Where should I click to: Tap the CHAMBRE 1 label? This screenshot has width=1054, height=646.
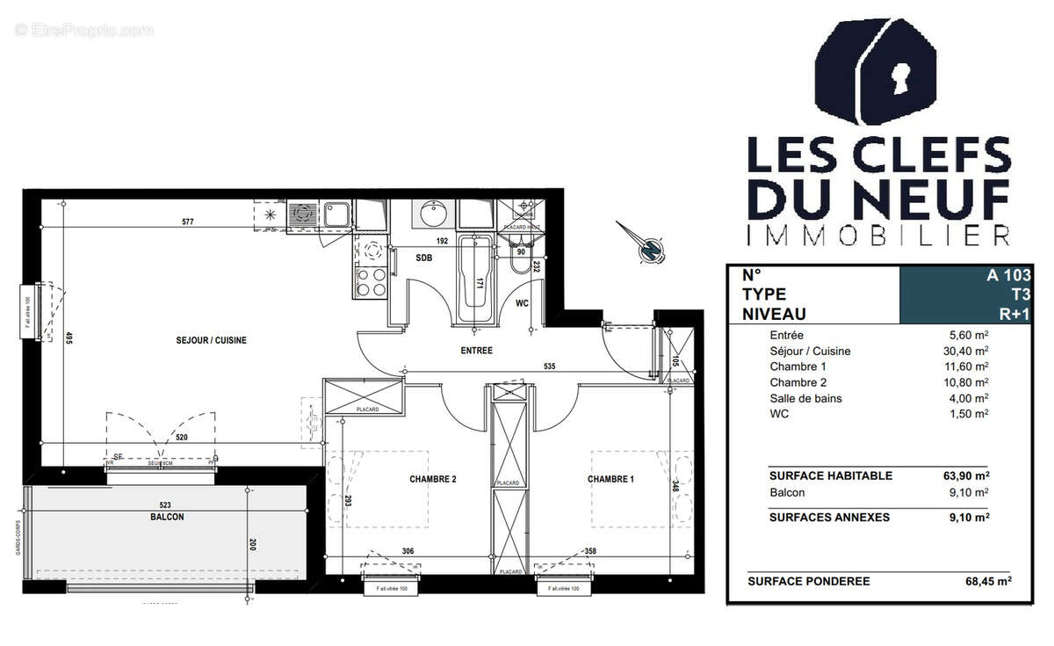[x=611, y=480]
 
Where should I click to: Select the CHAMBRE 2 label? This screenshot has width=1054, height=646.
[x=433, y=480]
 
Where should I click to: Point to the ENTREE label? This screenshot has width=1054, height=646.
[x=478, y=351]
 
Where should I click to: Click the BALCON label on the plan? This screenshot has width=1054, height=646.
[x=167, y=518]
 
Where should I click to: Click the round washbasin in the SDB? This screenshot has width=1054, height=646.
[x=432, y=214]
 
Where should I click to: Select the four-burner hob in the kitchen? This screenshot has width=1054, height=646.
[x=371, y=282]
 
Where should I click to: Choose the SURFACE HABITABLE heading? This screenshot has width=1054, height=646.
[x=830, y=475]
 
